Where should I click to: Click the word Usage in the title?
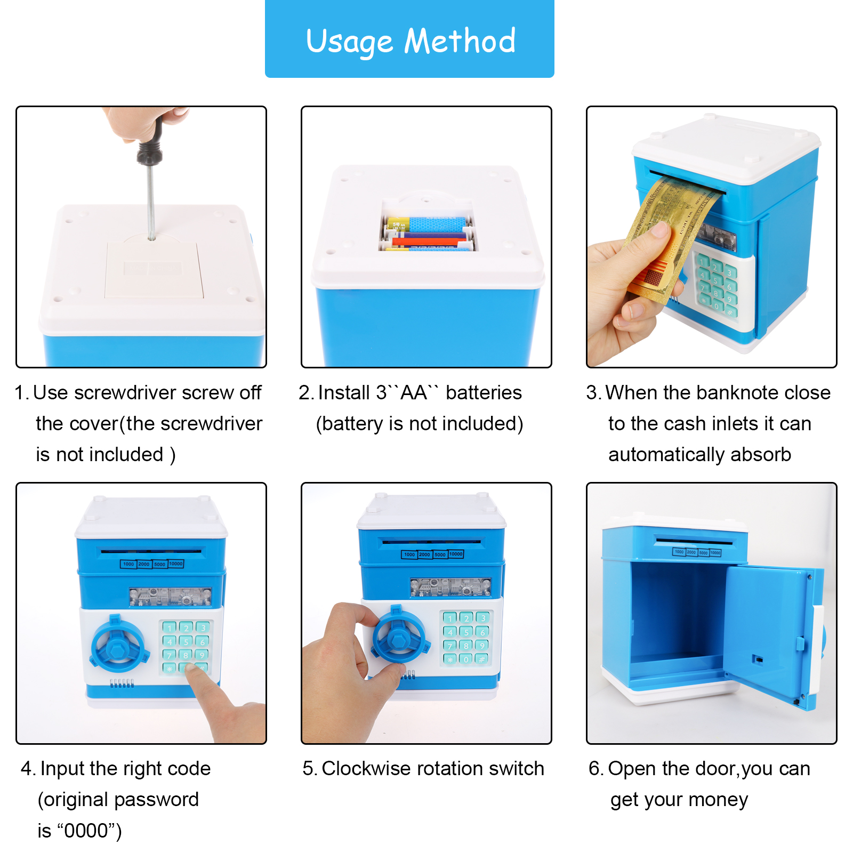(349, 42)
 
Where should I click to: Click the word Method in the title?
(460, 41)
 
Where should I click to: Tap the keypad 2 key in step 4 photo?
(186, 628)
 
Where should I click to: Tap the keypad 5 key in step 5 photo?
(466, 632)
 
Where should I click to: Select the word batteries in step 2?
(484, 393)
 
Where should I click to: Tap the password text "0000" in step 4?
(86, 831)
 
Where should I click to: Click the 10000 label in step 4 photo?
(175, 564)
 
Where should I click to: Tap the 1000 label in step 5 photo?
(409, 554)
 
